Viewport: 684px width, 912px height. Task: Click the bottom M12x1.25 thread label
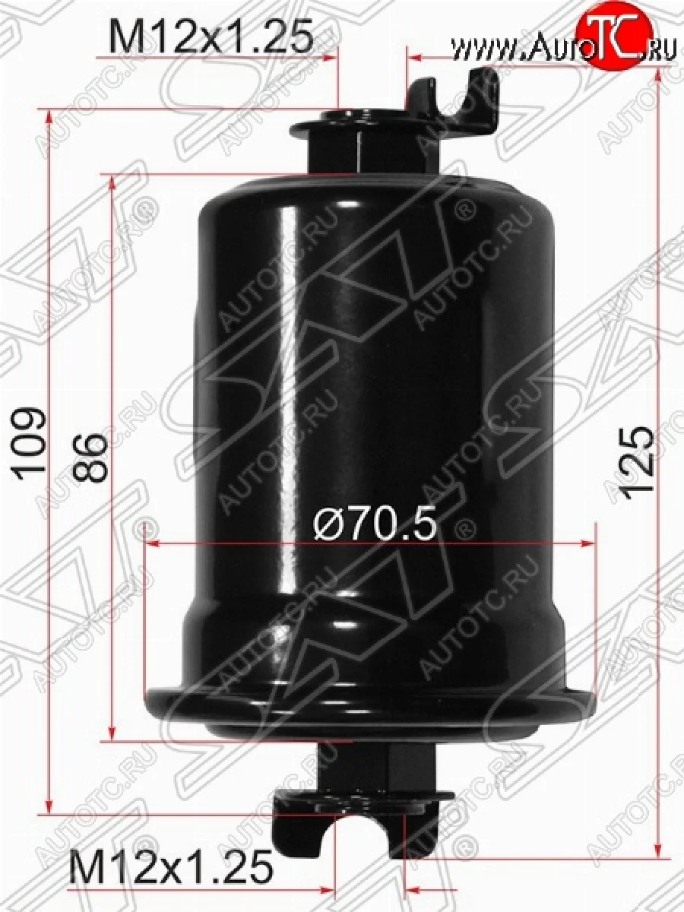[x=171, y=867]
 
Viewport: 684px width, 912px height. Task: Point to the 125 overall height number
[x=636, y=461]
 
